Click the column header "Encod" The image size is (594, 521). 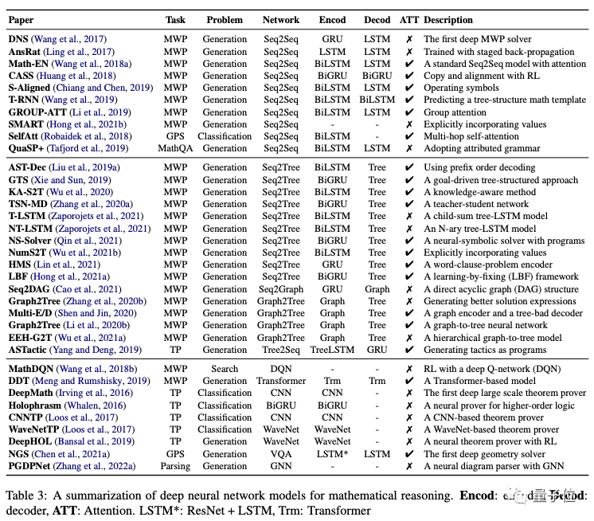pos(332,20)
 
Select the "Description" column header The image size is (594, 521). pos(453,20)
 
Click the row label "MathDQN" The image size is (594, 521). pos(32,370)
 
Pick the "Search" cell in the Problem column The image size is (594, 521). pos(225,370)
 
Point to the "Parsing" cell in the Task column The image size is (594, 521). pos(175,466)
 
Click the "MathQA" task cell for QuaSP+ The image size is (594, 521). pos(175,148)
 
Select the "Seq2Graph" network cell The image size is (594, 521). pos(281,289)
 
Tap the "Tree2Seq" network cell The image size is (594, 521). pos(281,350)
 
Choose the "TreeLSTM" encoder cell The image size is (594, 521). pos(332,350)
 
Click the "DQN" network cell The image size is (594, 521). pos(281,370)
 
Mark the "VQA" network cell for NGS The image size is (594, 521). pos(281,454)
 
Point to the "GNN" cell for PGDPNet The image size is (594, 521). pos(281,466)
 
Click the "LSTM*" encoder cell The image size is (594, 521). pos(332,454)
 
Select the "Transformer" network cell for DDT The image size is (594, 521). pos(281,382)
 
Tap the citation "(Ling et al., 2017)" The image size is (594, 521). pos(81,52)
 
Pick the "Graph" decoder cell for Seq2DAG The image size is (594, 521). pos(377,289)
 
